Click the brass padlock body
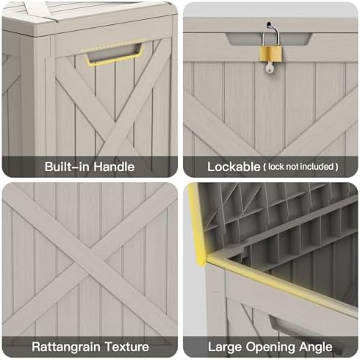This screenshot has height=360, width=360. click(270, 54)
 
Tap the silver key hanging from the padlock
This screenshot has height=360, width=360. click(269, 67)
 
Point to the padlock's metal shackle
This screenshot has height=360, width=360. click(270, 35)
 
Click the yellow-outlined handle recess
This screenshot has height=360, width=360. click(114, 54)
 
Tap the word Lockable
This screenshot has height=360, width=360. click(234, 167)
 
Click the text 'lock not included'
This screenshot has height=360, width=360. click(300, 167)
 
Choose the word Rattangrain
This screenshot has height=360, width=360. click(66, 347)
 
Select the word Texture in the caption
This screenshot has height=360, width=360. click(127, 347)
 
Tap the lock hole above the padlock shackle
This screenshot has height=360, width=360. click(269, 24)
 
